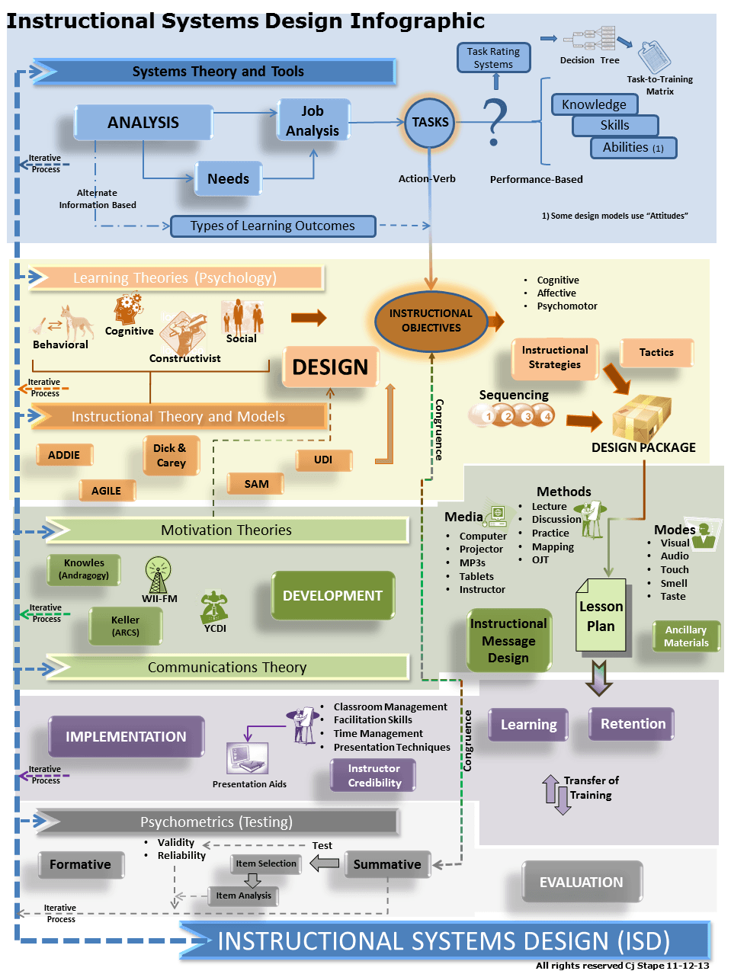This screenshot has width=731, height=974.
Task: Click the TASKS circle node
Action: pos(430,122)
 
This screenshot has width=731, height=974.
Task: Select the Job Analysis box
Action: pos(313,120)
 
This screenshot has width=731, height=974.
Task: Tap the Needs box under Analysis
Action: pos(228,179)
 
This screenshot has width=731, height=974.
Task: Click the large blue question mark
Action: pos(495,121)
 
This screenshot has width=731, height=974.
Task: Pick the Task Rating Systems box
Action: pos(493,58)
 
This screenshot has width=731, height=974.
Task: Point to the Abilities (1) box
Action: pos(633,148)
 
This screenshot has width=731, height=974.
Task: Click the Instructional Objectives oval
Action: pos(431,321)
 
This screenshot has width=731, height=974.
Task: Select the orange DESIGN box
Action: pos(330,367)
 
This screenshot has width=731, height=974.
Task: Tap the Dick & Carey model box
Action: pos(171,455)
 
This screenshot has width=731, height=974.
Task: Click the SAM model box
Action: pos(256,484)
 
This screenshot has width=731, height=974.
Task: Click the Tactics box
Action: pos(656,352)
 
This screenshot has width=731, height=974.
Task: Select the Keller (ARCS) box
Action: pos(126,626)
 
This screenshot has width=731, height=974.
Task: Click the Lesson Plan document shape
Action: pos(601,616)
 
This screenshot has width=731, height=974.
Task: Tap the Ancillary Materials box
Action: pos(686,636)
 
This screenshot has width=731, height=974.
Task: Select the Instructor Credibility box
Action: pos(374,776)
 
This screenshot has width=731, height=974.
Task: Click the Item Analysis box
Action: pos(243,896)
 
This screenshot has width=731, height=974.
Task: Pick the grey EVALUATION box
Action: pos(581,882)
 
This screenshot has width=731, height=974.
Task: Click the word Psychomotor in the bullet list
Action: pos(567,306)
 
